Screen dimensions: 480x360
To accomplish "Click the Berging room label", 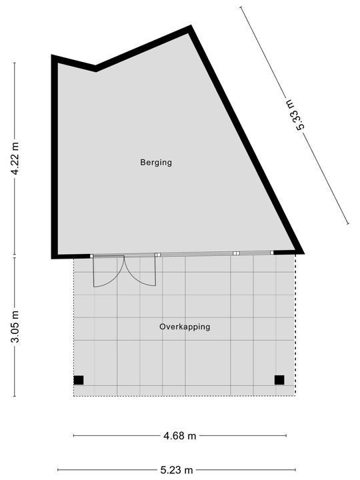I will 156,162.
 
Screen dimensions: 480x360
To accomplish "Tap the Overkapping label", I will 185,327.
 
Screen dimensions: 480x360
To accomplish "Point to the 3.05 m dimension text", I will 15,327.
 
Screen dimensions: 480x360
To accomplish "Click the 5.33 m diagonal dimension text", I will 294,114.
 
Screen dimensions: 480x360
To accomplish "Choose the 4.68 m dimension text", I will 180,436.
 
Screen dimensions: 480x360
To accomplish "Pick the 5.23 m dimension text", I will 180,469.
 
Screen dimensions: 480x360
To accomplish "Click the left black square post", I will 79,380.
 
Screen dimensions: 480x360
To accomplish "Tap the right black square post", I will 279,380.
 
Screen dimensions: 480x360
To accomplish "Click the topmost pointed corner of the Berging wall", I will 190,28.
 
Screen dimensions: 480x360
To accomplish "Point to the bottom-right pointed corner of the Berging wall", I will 301,252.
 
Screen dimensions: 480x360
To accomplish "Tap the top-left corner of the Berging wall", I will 53,57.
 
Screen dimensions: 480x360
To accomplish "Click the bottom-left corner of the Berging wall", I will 53,256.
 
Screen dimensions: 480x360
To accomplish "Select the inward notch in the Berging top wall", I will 95,69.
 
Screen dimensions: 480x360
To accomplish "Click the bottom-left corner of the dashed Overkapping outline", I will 73,397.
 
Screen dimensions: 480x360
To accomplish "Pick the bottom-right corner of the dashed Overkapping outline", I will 295,395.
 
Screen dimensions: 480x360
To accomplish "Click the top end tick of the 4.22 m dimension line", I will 15,63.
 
